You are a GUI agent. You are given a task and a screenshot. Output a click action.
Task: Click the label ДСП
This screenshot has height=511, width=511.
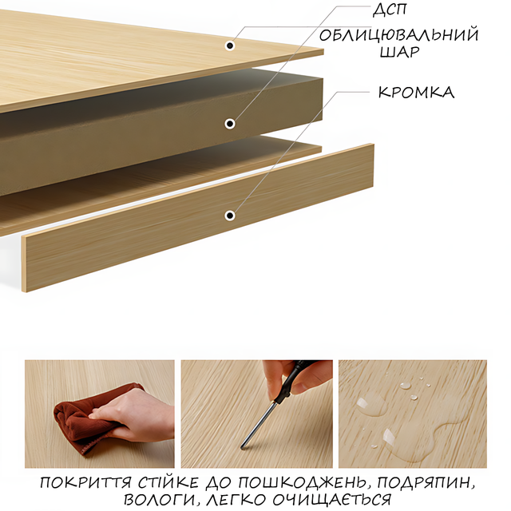[x=390, y=9]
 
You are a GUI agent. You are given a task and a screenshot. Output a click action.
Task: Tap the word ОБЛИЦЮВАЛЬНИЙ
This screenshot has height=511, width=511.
[x=399, y=35]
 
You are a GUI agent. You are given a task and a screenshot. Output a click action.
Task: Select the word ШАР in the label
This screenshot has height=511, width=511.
[x=399, y=52]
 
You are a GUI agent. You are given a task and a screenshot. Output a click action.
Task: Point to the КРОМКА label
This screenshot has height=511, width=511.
[x=416, y=93]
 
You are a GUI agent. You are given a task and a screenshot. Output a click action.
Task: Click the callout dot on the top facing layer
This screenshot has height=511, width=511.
[x=230, y=46]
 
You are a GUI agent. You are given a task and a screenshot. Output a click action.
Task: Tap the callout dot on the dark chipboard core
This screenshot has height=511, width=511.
[x=230, y=124]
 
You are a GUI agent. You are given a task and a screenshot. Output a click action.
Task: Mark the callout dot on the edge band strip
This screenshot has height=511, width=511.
[x=230, y=216]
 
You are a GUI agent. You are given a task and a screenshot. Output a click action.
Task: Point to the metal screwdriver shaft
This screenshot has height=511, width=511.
[x=258, y=426]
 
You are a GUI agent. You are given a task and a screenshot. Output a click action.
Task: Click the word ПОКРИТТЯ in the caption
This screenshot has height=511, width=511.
[x=85, y=483]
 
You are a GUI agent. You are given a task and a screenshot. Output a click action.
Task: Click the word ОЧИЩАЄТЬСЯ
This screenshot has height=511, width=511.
[x=331, y=499]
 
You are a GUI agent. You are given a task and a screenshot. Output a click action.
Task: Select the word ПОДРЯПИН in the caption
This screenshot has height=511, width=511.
[x=425, y=483]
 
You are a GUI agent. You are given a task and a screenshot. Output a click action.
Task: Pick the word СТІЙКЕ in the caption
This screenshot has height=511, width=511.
[x=168, y=482]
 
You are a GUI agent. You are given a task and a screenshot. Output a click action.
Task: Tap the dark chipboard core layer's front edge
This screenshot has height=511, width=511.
[x=161, y=153]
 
